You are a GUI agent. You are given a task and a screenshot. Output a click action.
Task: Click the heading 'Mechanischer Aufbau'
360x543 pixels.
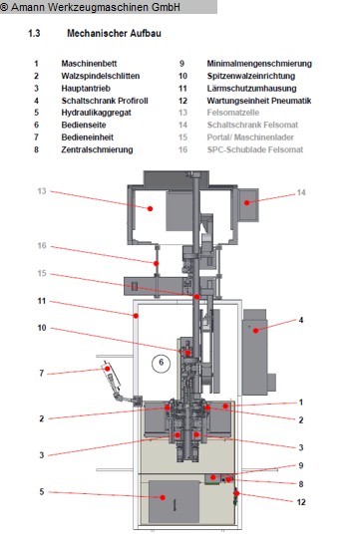pos(114,33)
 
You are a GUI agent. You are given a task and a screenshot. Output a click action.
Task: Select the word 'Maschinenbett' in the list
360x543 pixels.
pos(89,64)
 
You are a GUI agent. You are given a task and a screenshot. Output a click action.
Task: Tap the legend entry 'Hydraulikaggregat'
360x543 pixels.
pos(97,113)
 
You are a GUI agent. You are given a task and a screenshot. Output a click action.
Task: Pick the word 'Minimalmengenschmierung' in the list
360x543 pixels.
pos(259,64)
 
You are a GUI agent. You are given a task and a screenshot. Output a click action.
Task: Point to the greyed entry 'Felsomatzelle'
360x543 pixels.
pos(233,113)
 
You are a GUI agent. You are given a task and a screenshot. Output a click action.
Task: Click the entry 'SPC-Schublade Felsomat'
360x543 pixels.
pos(255,149)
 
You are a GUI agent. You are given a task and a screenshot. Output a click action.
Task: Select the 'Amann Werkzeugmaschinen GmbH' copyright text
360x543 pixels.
pos(91,7)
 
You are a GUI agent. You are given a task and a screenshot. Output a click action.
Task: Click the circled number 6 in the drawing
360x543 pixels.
pos(162,363)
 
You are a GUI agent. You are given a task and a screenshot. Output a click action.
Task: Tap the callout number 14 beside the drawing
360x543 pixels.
pos(301,192)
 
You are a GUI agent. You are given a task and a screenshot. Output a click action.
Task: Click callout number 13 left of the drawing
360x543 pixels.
pos(42,191)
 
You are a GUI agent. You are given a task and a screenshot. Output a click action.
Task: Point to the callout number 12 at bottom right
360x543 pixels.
pos(301,502)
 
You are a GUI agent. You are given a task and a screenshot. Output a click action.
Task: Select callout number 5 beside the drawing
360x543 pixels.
pos(42,492)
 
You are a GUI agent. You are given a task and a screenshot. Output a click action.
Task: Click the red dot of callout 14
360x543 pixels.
pos(246,203)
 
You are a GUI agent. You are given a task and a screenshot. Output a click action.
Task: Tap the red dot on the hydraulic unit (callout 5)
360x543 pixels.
pos(163,497)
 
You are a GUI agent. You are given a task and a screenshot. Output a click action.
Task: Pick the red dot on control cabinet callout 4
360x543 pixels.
pos(255,331)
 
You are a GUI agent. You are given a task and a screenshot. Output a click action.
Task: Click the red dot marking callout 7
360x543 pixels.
pos(107,369)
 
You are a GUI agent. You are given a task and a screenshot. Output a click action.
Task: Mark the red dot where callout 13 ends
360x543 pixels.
pos(150,208)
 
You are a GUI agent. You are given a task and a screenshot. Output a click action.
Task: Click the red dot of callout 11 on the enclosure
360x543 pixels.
pos(136,316)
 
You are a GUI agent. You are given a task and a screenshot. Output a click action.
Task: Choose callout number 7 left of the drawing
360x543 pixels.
pos(42,374)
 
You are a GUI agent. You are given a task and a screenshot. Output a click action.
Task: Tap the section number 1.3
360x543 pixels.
pos(34,33)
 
